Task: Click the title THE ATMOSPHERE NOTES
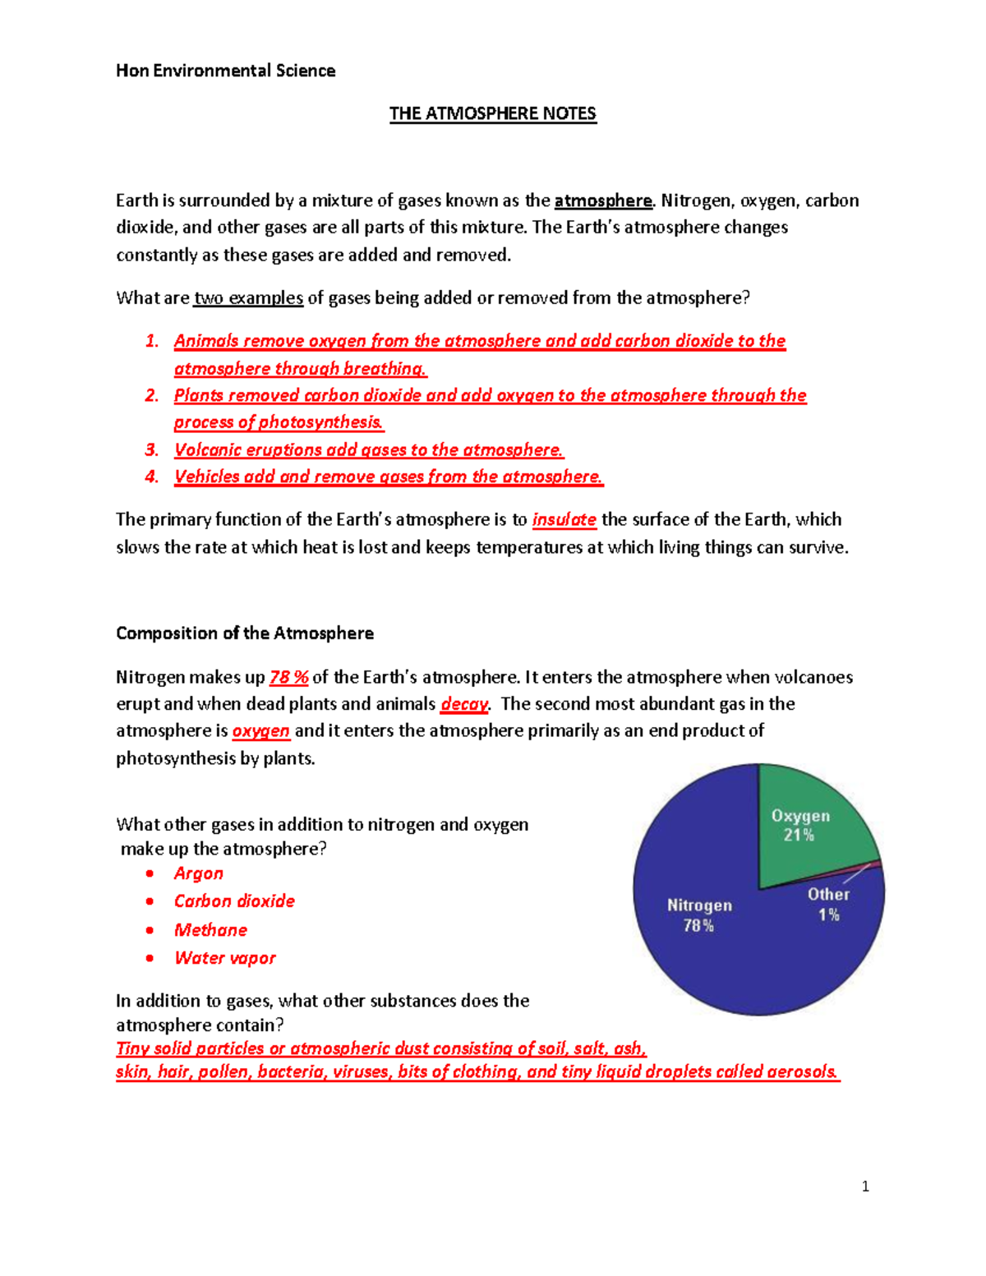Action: (x=492, y=113)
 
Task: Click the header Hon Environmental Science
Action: (x=225, y=71)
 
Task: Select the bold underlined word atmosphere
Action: (x=602, y=200)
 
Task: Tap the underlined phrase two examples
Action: (x=249, y=298)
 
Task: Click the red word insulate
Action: (x=564, y=519)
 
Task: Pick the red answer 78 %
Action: (x=288, y=677)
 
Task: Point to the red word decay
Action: (x=464, y=704)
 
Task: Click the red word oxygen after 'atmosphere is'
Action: (x=260, y=730)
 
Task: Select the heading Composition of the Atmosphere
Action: (x=245, y=633)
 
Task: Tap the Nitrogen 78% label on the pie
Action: (x=699, y=914)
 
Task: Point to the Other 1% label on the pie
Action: (x=828, y=904)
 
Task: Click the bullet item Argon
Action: (x=198, y=873)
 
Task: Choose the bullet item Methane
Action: (x=210, y=930)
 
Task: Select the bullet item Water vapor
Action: (x=224, y=958)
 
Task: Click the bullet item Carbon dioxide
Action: (x=234, y=901)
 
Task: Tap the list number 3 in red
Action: (x=151, y=450)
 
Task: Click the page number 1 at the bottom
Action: (x=865, y=1186)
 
